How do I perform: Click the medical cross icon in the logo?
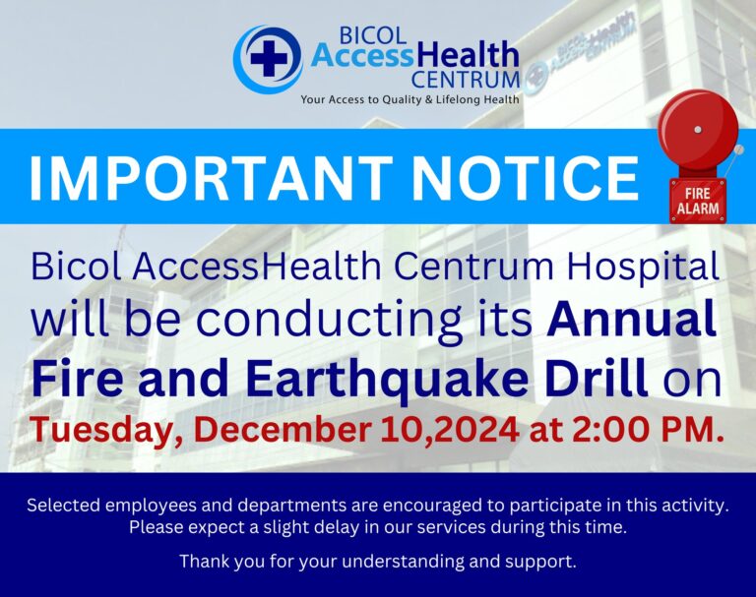pos(269,57)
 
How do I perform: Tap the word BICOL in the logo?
pos(373,35)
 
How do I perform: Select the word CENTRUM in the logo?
pos(465,81)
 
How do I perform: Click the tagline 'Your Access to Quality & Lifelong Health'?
pos(409,99)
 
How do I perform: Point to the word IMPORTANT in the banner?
pos(211,177)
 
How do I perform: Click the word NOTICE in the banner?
pos(525,177)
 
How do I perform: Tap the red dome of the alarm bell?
pos(698,127)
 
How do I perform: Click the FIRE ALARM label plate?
pos(698,201)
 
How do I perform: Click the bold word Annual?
pos(631,319)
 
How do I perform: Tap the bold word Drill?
pos(598,376)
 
